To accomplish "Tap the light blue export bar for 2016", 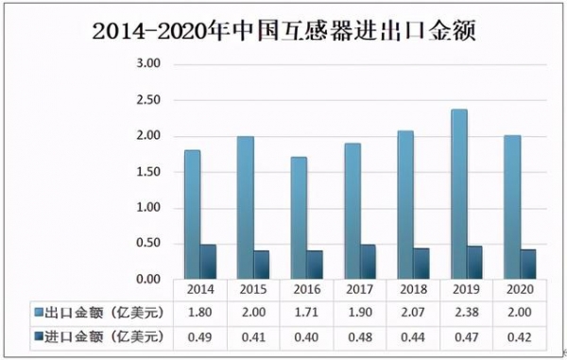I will pos(299,218).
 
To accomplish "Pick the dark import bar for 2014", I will pos(208,262).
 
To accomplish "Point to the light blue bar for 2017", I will pos(352,212).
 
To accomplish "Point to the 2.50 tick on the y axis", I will pos(148,100).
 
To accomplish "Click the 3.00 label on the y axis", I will pos(148,64).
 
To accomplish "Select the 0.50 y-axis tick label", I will pos(148,244).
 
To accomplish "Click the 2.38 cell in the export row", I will pos(468,313).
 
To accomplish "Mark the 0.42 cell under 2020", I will pos(521,334).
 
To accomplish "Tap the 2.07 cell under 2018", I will pos(415,313).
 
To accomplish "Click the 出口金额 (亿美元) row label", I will pos(99,313).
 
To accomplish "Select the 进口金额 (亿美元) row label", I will pos(99,334).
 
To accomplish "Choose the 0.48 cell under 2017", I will pos(361,334).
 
